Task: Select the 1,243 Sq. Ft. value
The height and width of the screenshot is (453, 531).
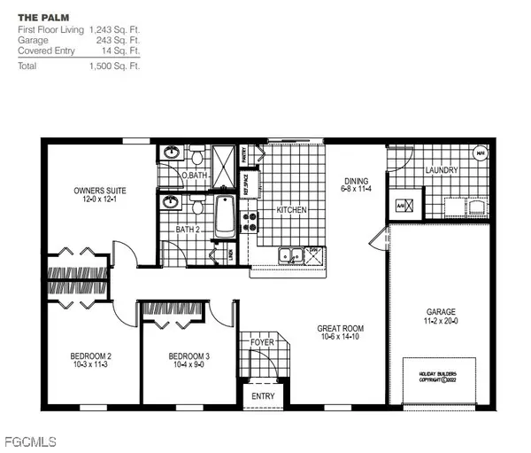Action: [114, 29]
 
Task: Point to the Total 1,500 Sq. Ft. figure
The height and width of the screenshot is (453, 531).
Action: [114, 66]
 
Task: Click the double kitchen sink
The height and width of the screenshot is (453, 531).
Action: [289, 256]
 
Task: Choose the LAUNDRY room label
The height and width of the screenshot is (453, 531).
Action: [441, 169]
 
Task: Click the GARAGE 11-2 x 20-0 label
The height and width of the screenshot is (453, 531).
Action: [440, 316]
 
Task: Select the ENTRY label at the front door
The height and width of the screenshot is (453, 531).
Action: [263, 396]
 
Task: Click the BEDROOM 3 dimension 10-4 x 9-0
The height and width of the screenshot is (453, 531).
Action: [188, 363]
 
